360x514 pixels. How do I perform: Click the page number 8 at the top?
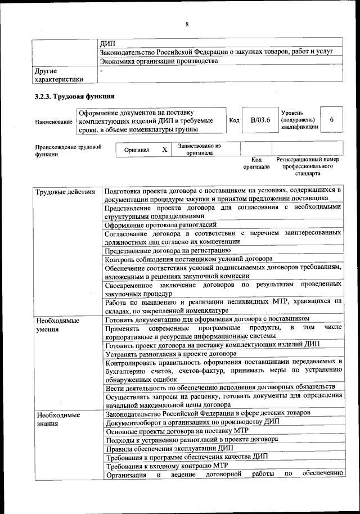187,24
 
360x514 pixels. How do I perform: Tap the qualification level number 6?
332,120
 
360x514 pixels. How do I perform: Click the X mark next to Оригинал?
164,150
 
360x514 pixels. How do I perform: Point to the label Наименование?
53,121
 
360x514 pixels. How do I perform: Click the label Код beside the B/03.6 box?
235,120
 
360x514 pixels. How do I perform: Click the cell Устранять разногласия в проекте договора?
170,354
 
